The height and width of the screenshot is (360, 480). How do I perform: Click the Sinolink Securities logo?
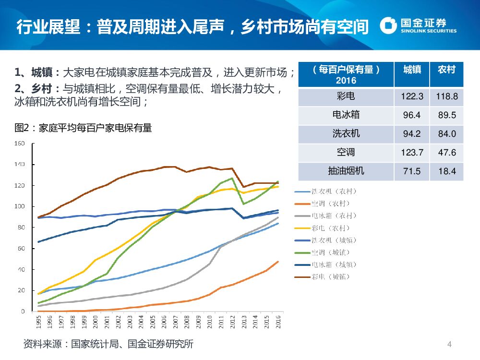tap(418, 25)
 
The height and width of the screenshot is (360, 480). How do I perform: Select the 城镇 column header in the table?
tap(412, 70)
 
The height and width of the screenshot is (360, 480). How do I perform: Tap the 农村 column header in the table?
tap(446, 70)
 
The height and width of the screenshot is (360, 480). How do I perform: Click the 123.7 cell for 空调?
tap(412, 153)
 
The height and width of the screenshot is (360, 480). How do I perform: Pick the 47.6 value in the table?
tap(446, 153)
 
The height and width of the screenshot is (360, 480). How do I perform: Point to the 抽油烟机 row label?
tap(346, 170)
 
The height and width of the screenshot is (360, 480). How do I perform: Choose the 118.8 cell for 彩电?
tap(446, 96)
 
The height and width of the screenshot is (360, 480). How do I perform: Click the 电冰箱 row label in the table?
tap(346, 115)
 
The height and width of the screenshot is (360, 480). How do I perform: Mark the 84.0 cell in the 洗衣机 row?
tap(446, 134)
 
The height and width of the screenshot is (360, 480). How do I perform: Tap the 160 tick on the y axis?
tap(19, 144)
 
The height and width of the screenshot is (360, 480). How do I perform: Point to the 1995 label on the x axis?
tap(38, 321)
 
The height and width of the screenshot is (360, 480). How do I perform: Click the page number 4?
tap(449, 344)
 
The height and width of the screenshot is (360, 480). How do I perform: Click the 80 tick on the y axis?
tap(21, 228)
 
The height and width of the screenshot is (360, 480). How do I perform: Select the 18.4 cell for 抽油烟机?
tap(446, 171)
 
